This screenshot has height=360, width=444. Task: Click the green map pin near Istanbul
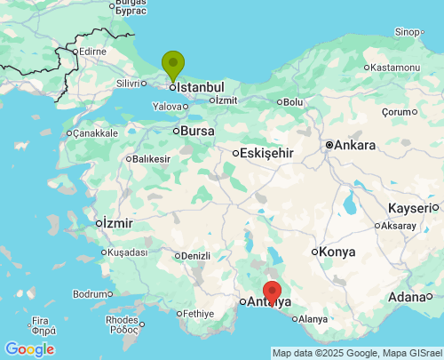point(172,65)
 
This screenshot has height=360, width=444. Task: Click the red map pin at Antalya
point(273,292)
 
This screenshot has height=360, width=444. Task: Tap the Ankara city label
point(356,145)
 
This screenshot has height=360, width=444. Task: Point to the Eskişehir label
point(266,153)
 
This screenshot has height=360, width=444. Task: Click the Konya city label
point(337,252)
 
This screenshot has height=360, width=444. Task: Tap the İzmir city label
point(117,221)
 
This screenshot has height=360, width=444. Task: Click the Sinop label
point(407,32)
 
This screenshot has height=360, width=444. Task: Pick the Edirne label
point(92,52)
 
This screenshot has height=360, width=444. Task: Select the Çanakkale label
point(95,133)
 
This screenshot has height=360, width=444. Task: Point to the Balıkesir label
point(151,159)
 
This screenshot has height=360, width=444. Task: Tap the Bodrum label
point(92,293)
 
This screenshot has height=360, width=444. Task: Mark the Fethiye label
point(198,314)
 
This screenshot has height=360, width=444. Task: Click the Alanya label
point(313,319)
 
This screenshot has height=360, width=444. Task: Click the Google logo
point(29,349)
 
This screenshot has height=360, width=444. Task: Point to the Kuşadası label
point(126,252)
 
